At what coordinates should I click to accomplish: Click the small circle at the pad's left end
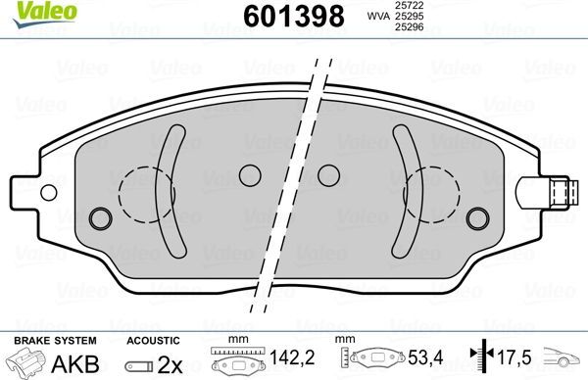(x=99, y=217)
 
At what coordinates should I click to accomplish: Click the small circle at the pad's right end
(x=477, y=217)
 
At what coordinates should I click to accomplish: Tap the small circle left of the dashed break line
(x=250, y=174)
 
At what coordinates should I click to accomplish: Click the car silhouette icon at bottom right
(x=565, y=360)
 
